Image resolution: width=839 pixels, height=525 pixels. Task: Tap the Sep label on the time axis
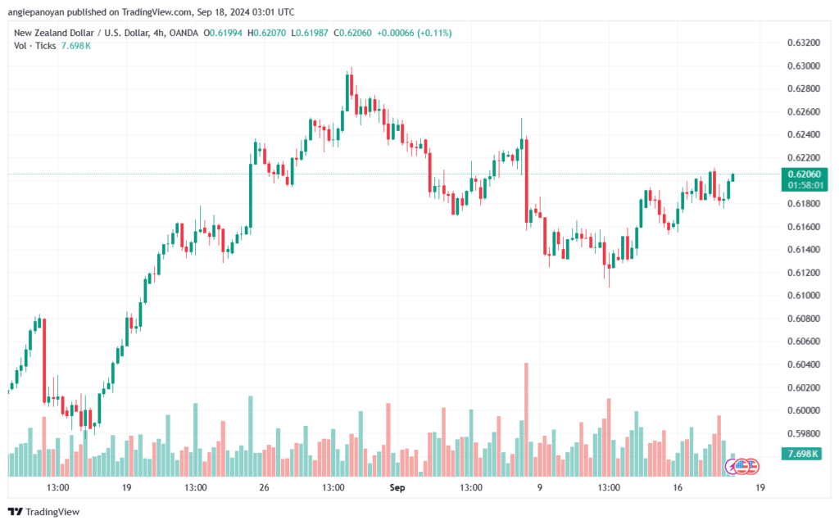(x=397, y=487)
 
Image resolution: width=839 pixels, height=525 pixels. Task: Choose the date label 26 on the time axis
(x=264, y=487)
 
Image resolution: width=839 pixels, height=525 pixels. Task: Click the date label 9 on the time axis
(x=539, y=487)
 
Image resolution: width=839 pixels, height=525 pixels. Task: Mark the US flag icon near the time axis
(x=741, y=466)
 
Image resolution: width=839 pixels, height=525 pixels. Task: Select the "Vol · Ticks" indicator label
(x=34, y=46)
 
